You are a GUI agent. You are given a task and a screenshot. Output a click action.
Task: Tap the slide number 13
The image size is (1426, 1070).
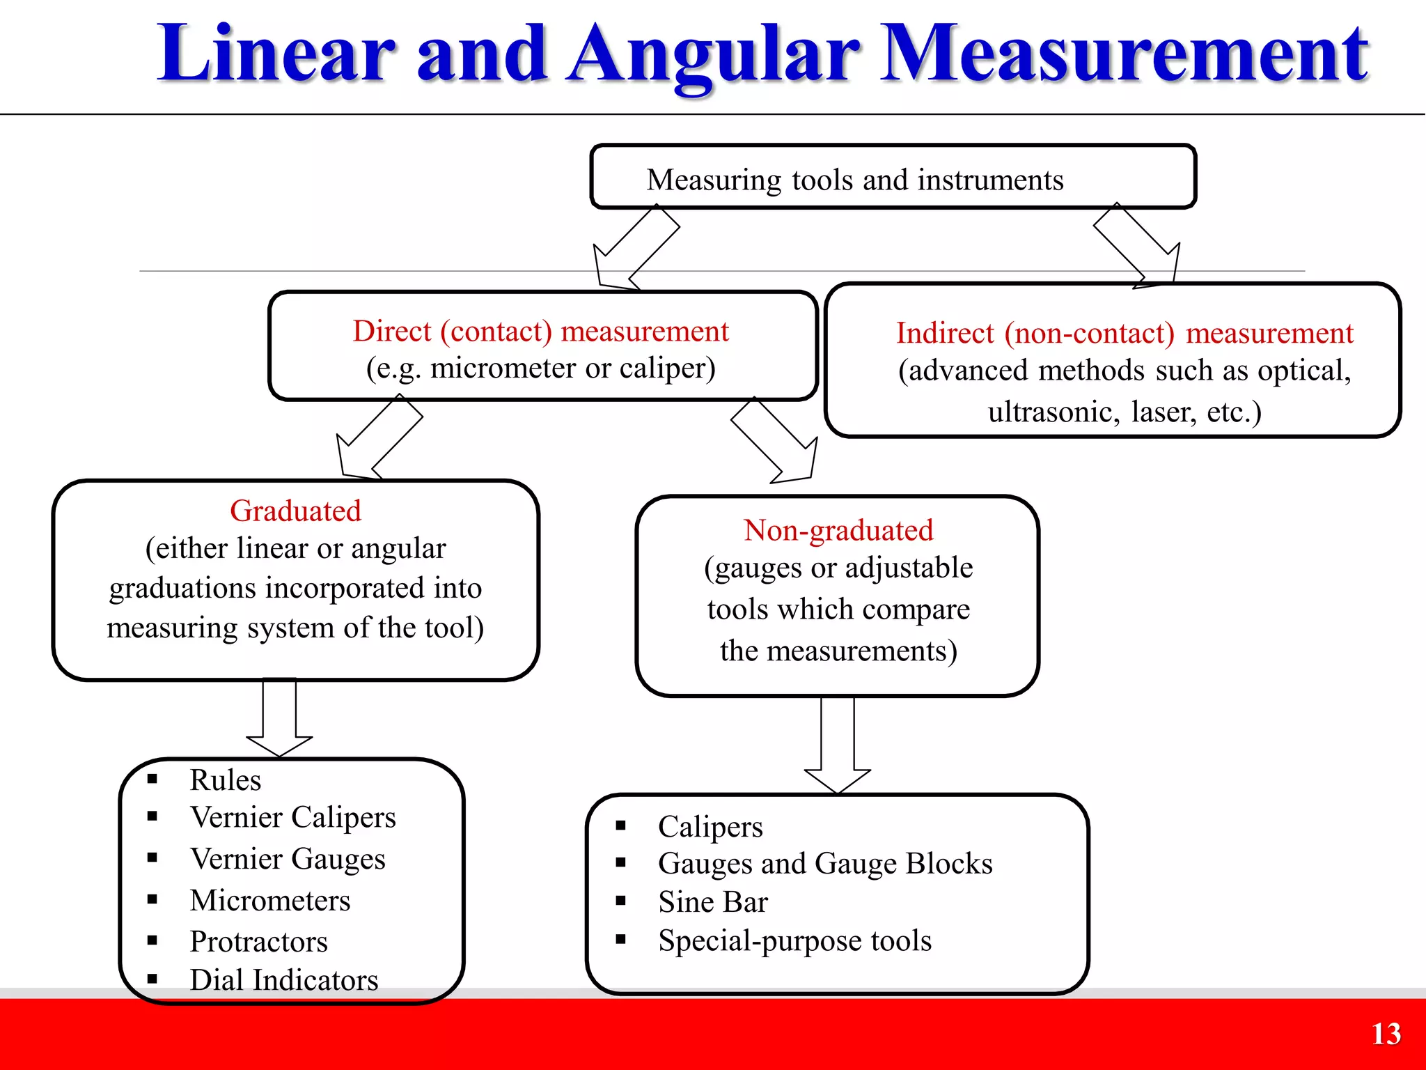click(1386, 1034)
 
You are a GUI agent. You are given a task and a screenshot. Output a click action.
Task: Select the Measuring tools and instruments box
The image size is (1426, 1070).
click(893, 177)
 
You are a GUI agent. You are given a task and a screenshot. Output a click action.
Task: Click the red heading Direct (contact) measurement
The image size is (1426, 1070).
click(540, 332)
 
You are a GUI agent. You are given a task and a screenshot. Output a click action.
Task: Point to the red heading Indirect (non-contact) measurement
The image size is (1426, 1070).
click(1125, 334)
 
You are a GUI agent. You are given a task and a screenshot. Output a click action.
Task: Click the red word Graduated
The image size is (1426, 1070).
click(295, 511)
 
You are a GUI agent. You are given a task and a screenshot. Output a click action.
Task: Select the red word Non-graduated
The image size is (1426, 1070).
click(838, 531)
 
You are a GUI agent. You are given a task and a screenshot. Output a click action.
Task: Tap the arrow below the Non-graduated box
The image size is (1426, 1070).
click(838, 745)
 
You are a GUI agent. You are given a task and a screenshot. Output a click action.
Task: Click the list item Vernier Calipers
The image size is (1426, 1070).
click(292, 817)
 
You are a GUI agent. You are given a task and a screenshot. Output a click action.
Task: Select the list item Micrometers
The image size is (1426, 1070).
click(270, 901)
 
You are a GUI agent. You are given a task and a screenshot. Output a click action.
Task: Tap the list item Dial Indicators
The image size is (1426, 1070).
click(284, 980)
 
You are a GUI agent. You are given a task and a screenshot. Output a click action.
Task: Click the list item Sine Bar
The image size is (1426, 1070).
click(713, 902)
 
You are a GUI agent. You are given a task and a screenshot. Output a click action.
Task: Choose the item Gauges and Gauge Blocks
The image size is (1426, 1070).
click(825, 864)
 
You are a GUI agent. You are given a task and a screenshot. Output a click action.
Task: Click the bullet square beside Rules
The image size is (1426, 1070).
click(152, 779)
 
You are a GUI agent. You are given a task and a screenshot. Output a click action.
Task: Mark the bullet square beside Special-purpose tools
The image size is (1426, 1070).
click(621, 939)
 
